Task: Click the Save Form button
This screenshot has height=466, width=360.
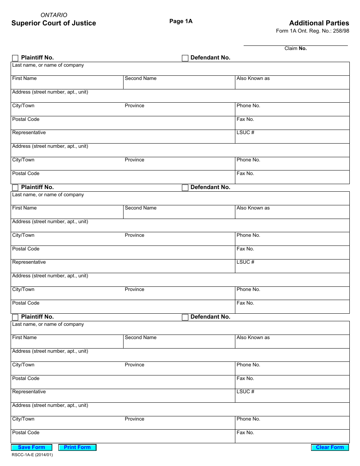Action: pos(31,447)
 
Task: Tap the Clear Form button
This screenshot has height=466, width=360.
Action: pos(330,447)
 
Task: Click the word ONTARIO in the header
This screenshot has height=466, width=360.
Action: pos(54,15)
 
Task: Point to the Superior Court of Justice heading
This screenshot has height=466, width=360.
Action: pos(53,23)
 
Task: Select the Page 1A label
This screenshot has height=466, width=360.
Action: pos(181,21)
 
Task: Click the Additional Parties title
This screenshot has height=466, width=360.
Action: pos(319,23)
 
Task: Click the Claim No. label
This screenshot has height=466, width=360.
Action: pos(296,48)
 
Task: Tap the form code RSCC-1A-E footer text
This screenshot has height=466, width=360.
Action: pos(32,455)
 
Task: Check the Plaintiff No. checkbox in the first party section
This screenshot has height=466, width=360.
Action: pos(15,58)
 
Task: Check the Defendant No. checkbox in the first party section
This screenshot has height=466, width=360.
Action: pos(185,58)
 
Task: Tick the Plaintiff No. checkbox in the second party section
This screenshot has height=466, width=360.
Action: pos(15,188)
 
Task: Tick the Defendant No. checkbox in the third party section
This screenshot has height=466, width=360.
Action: pos(185,317)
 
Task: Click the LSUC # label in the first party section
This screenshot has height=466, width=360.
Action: pos(245,133)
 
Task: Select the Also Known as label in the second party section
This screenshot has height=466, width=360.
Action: pos(253,208)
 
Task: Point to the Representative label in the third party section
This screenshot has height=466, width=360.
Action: pos(29,392)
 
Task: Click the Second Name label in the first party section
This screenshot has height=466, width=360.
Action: pos(141,78)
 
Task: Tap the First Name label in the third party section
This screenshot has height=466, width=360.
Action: pos(24,338)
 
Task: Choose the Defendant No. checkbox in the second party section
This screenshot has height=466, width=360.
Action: pos(185,188)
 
